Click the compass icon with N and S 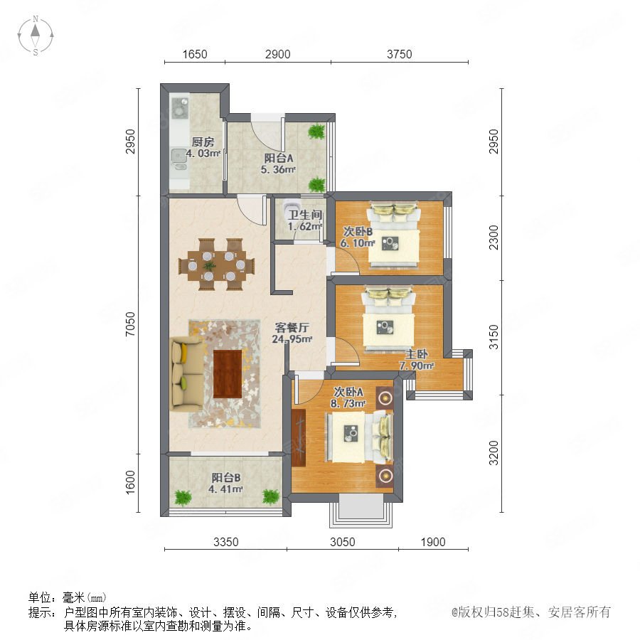(36, 35)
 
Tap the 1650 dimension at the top (195, 54)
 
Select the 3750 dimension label (399, 54)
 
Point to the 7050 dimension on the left (130, 324)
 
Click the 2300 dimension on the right (494, 238)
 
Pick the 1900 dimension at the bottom (433, 542)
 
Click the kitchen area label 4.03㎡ (203, 154)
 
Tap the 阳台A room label (279, 158)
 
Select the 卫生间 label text (306, 215)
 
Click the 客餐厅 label (292, 327)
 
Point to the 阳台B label (225, 478)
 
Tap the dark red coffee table (228, 373)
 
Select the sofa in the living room (188, 373)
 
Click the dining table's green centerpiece (209, 266)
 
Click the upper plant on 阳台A (316, 131)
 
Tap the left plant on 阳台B (183, 498)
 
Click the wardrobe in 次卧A (299, 437)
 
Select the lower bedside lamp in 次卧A (385, 476)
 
